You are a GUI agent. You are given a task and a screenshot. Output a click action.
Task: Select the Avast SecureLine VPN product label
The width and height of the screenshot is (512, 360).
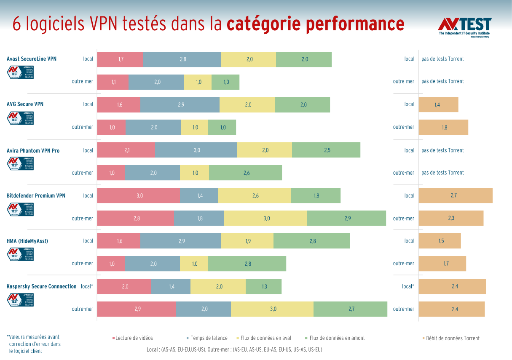(x=32, y=59)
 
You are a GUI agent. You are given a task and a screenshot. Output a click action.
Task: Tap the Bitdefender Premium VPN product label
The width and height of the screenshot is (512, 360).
(x=36, y=196)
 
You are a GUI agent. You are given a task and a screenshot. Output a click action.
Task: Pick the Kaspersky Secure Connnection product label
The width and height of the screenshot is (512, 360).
(x=41, y=287)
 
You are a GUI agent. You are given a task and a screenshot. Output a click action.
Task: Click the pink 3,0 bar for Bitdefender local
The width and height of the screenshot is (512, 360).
(x=139, y=196)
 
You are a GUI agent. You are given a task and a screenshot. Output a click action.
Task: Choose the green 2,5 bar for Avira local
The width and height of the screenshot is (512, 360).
(x=326, y=150)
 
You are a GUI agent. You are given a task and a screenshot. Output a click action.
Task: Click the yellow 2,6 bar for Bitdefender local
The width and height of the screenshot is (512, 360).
(x=255, y=196)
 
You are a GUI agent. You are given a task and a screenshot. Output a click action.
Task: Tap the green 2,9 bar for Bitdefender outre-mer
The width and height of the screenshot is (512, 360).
(x=346, y=219)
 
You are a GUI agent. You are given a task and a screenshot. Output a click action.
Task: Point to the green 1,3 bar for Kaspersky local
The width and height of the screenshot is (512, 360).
(x=263, y=287)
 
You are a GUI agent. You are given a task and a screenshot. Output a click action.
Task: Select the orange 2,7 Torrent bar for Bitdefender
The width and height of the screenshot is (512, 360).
(x=455, y=196)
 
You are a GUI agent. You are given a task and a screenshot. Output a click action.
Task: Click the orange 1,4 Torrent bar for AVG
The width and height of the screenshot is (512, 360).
(x=438, y=105)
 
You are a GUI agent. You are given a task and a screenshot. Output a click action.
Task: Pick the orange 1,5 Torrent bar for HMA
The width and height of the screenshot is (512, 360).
(x=440, y=241)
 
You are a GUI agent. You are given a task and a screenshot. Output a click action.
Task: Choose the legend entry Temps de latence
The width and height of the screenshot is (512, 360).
(x=208, y=338)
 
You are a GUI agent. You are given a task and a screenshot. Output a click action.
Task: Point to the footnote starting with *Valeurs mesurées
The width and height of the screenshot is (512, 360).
(x=34, y=344)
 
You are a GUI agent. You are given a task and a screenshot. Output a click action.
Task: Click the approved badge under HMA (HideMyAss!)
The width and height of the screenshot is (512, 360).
(x=20, y=254)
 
